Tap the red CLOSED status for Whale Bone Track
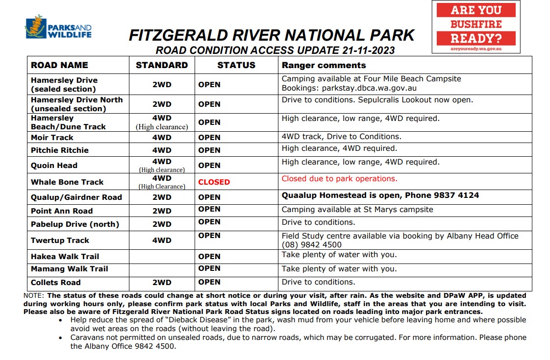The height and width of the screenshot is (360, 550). click(214, 182)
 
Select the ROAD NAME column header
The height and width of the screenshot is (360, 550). click(59, 65)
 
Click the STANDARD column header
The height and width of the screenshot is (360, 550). click(162, 65)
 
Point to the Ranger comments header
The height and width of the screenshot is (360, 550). click(324, 65)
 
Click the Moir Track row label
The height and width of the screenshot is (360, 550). click(52, 138)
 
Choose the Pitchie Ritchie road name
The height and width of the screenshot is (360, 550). click(60, 150)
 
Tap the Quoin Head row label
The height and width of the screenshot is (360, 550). click(54, 166)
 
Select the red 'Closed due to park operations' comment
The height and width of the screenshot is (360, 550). click(339, 179)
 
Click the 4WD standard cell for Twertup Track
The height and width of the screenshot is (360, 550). click(162, 240)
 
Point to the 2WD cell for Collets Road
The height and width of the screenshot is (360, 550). click(162, 283)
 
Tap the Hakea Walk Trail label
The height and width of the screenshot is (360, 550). click(65, 256)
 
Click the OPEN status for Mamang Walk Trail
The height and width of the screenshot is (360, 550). click(209, 268)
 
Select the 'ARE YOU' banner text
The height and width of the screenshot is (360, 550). click(475, 10)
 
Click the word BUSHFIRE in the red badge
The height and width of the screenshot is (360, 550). click(476, 24)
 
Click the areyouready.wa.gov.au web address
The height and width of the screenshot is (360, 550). click(475, 48)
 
